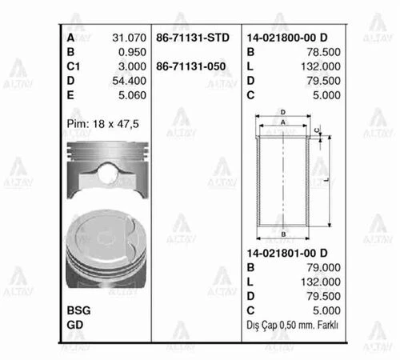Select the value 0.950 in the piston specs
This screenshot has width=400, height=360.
[129, 51]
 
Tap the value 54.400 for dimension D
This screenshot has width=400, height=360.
[126, 80]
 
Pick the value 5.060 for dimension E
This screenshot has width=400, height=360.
[129, 94]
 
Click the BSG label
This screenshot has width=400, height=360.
[78, 310]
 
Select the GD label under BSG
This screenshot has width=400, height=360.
[74, 324]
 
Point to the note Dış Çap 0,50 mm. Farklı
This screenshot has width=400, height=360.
[294, 326]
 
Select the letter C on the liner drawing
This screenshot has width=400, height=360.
[318, 130]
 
